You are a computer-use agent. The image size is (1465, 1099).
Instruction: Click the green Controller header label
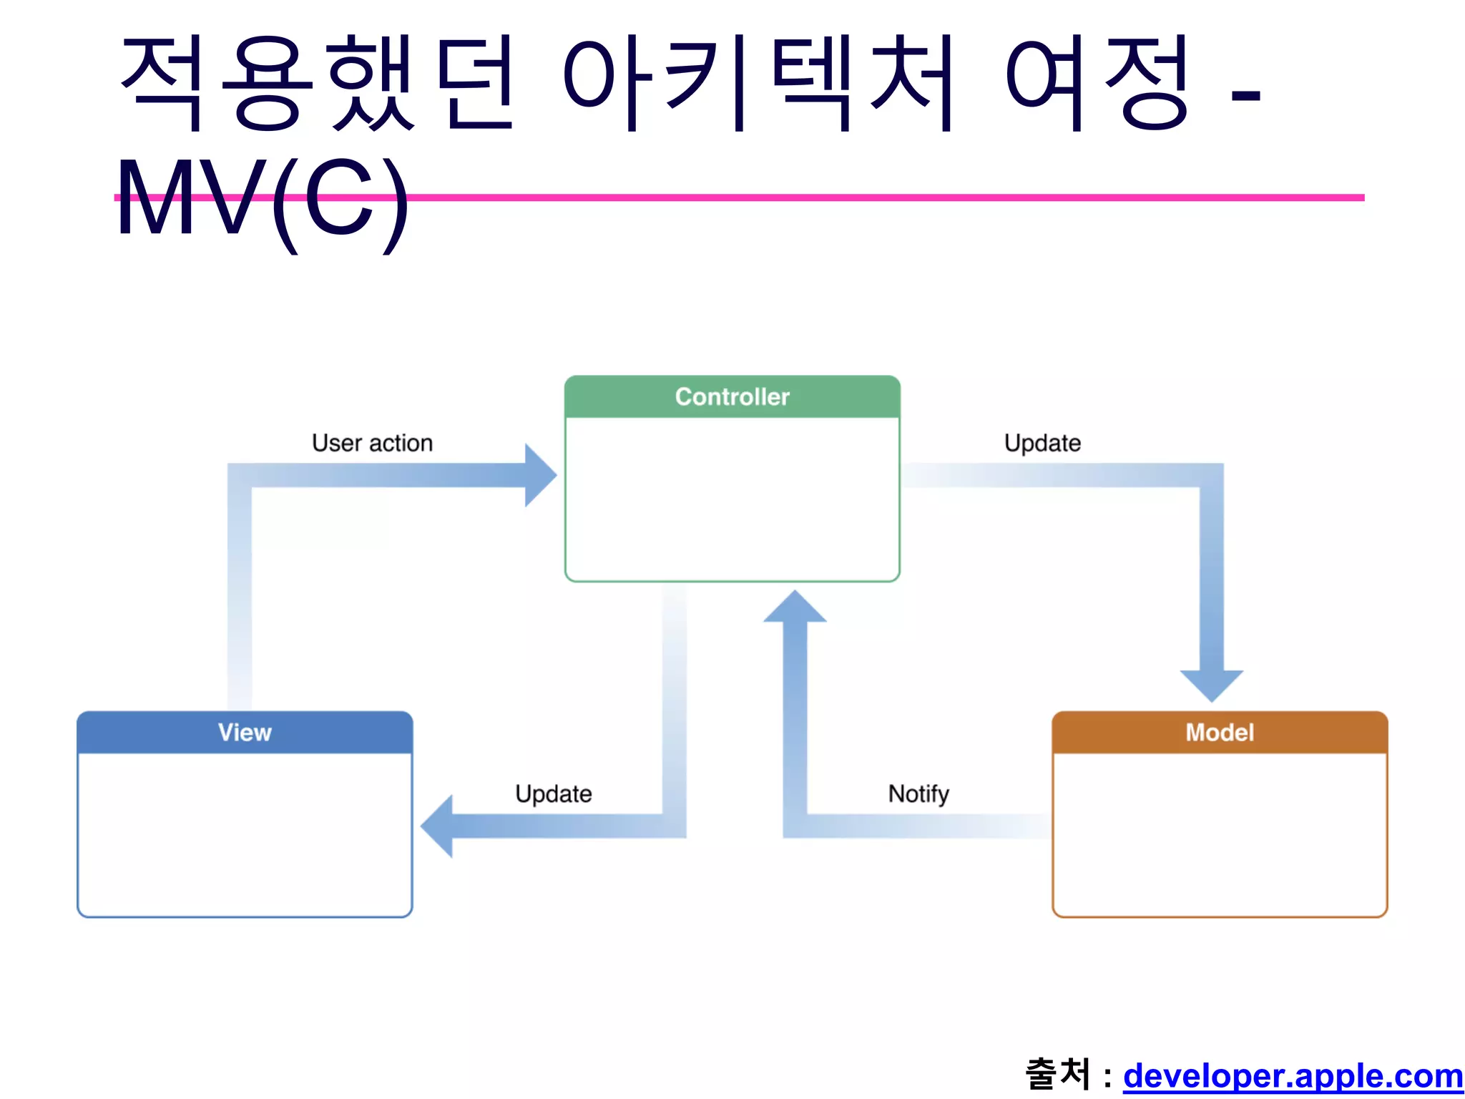[732, 396]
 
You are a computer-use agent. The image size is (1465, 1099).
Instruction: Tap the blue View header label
[245, 732]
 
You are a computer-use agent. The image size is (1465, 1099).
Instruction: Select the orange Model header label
[1220, 732]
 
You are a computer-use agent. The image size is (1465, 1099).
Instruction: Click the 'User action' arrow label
[372, 443]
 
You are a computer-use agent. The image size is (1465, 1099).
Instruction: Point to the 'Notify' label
[918, 793]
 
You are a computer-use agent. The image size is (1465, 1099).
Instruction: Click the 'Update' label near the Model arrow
[1042, 443]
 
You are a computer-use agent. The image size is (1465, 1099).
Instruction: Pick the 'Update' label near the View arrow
[554, 793]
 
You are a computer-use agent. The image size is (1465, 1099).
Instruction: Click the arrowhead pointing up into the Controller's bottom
[795, 607]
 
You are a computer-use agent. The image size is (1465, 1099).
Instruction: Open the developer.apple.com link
[1293, 1075]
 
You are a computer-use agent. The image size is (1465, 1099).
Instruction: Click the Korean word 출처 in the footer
[1058, 1074]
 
